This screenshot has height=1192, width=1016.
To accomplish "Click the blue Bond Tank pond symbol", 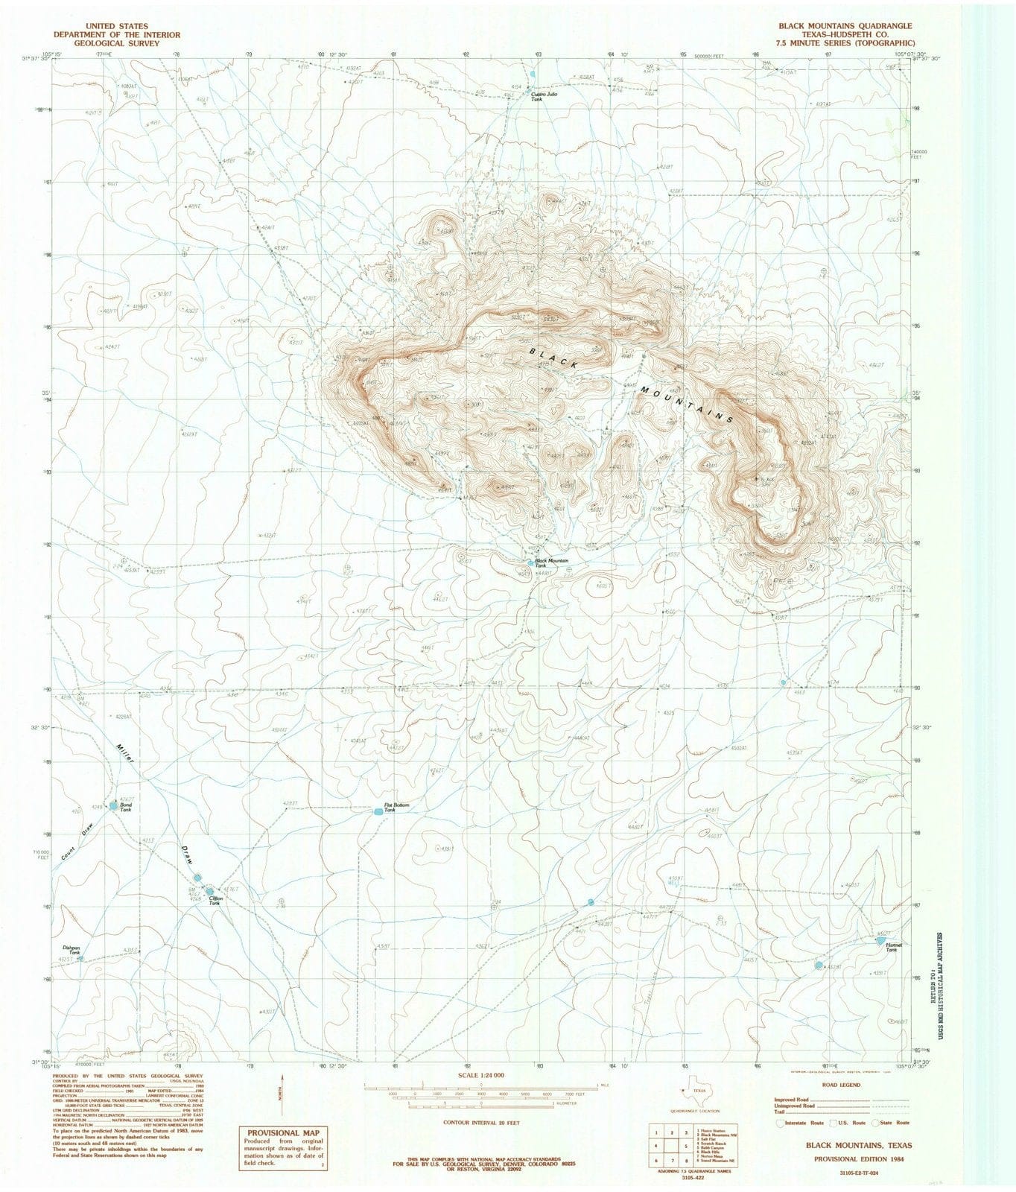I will coord(113,805).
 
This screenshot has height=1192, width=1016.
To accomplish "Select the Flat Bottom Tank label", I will coord(396,807).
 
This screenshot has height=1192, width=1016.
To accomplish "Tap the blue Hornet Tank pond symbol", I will coord(881,942).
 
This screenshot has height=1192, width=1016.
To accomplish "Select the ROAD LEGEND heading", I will coord(839,1085).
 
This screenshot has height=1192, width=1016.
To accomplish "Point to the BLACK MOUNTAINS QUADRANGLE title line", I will coord(845,25).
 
